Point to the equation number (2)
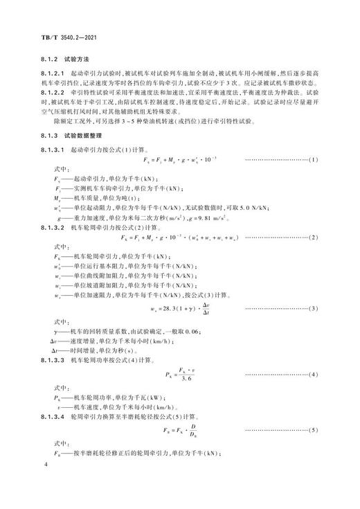pyautogui.click(x=312, y=238)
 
